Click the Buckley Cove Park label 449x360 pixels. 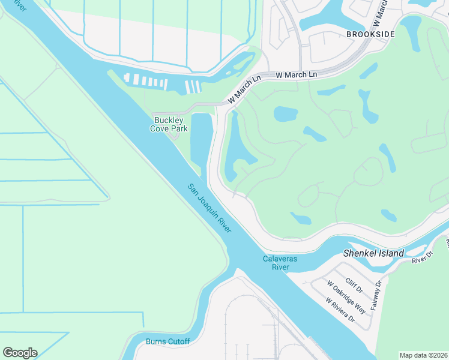pyautogui.click(x=169, y=124)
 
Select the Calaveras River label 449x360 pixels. pyautogui.click(x=280, y=263)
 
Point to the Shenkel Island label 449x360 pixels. pyautogui.click(x=373, y=253)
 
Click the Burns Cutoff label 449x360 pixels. pyautogui.click(x=167, y=341)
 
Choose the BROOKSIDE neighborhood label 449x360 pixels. pyautogui.click(x=370, y=34)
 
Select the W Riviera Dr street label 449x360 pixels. pyautogui.click(x=340, y=310)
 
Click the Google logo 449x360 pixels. pyautogui.click(x=20, y=353)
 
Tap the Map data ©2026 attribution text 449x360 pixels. pyautogui.click(x=423, y=355)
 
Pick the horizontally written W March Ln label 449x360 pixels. pyautogui.click(x=296, y=75)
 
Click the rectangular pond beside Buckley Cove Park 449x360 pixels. pyautogui.click(x=201, y=141)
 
